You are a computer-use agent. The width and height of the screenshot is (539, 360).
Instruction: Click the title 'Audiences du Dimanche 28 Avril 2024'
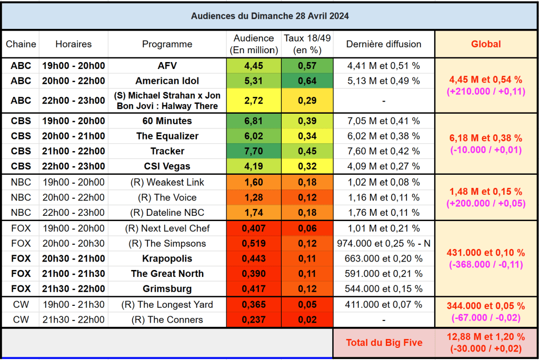point(269,16)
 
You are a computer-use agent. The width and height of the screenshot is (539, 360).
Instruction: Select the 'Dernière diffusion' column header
point(384,44)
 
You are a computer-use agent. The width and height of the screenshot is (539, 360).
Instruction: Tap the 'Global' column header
point(486,44)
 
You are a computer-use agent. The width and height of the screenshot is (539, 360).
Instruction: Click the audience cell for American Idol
point(254,81)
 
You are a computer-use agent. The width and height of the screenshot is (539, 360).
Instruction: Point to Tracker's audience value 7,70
point(254,151)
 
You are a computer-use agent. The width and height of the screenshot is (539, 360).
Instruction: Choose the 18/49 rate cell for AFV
point(307,66)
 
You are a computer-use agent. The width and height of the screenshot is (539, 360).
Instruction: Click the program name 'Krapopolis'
point(167,259)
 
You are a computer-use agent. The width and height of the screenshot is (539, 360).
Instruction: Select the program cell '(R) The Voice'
point(167,197)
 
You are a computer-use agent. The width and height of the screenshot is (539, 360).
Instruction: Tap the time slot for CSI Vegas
point(73,166)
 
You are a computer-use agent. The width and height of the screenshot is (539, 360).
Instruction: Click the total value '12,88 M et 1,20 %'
point(486,337)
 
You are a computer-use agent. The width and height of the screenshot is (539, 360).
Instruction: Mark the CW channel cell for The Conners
point(21,319)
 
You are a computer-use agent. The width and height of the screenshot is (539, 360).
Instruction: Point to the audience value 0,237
point(254,319)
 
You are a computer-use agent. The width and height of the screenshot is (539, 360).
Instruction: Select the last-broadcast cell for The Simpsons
point(384,244)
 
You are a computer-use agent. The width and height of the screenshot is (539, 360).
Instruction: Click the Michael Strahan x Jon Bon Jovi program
point(167,101)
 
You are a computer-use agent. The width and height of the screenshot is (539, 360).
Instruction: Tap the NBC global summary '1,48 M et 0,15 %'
point(486,192)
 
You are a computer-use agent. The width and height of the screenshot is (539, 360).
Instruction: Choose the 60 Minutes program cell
point(167,121)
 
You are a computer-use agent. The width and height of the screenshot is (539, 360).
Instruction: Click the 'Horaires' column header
point(73,44)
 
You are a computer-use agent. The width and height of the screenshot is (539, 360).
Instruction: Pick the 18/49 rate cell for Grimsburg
point(307,289)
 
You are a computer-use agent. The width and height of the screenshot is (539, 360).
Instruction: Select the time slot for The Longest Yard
point(73,305)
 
